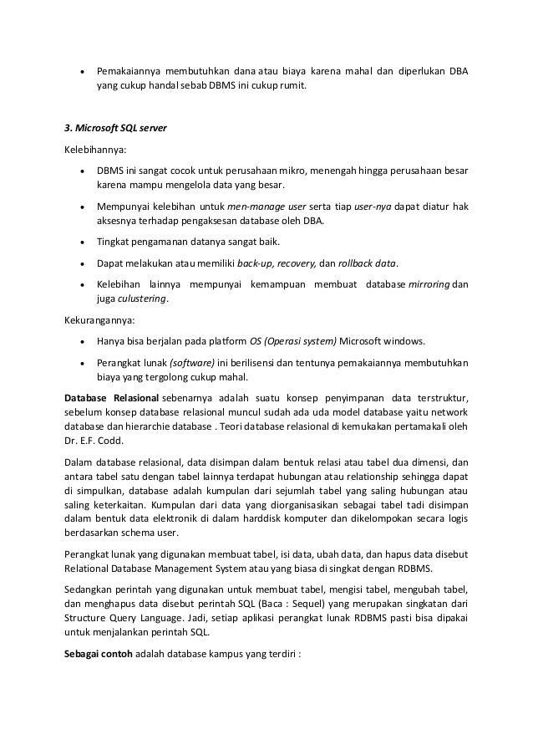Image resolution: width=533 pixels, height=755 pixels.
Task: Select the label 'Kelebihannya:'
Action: tap(93, 150)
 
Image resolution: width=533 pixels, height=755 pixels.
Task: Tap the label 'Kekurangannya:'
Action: tap(96, 319)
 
